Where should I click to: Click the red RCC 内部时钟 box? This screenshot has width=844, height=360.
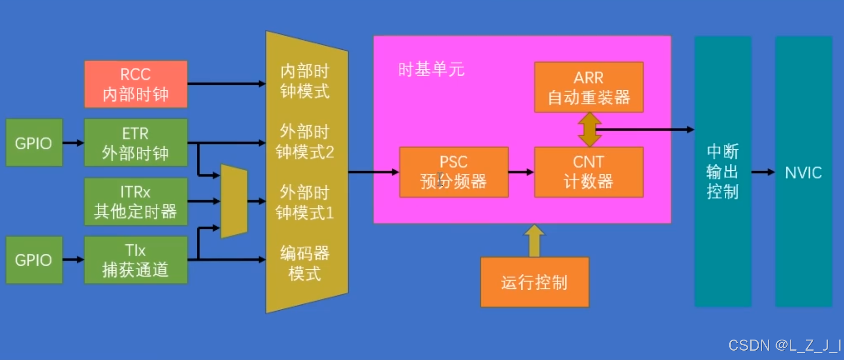click(136, 84)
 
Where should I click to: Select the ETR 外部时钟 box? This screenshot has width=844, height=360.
click(136, 143)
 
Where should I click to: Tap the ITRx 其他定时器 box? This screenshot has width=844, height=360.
click(136, 201)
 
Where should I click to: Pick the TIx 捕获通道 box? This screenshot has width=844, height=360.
click(136, 260)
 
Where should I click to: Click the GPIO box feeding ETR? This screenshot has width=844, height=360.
click(34, 143)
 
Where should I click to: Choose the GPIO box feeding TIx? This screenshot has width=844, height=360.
click(34, 260)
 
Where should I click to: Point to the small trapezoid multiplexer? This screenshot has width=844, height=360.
click(234, 201)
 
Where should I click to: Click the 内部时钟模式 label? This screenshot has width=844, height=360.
click(305, 81)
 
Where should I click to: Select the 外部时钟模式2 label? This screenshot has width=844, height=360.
click(305, 142)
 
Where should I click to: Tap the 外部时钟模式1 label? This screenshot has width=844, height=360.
click(305, 203)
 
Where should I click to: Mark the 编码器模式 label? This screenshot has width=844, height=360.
click(305, 263)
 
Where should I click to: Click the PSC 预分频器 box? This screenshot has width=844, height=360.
click(454, 172)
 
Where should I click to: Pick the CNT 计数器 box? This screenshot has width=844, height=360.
click(588, 172)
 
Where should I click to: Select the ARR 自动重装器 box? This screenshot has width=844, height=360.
click(588, 87)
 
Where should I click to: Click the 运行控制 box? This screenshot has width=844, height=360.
click(535, 282)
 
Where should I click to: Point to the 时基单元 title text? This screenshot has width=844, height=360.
click(431, 69)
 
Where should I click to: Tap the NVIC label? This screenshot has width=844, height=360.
click(803, 172)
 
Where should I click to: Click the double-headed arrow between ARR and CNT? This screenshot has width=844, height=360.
click(589, 130)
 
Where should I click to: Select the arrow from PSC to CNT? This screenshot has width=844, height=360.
click(521, 172)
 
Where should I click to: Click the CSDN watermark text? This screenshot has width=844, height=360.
click(784, 345)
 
